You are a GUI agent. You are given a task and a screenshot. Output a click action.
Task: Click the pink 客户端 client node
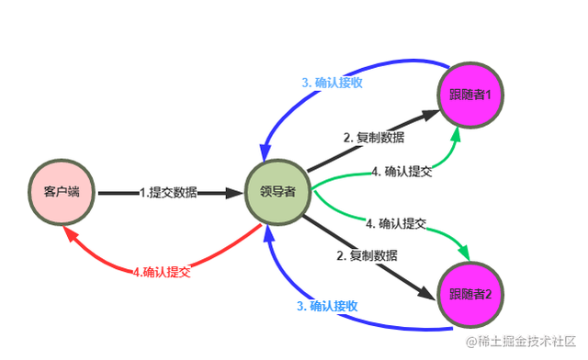point(62,193)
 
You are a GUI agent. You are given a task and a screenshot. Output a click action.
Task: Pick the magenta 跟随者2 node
point(471,294)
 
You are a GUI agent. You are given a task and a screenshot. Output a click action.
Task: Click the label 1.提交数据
point(167,193)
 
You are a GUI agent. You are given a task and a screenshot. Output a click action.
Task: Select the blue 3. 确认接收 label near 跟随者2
point(327,306)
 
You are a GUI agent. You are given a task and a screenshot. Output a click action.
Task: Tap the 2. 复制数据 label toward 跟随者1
point(374,137)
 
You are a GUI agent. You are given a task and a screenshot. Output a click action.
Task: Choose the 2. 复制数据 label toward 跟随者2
point(367,254)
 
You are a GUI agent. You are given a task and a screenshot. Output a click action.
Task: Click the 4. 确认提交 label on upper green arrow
point(403,171)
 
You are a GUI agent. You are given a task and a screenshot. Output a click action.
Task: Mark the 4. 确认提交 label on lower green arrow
point(396,223)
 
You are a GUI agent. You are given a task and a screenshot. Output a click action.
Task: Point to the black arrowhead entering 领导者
point(233,193)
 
